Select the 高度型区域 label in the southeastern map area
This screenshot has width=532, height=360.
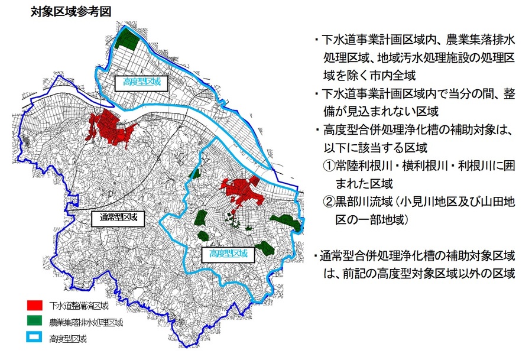coord(223,255)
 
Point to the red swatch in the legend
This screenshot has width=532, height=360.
coord(35,306)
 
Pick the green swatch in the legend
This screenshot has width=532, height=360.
coord(35,322)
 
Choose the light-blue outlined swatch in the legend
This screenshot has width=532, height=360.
coord(35,339)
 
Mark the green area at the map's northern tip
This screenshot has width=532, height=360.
coord(125,39)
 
